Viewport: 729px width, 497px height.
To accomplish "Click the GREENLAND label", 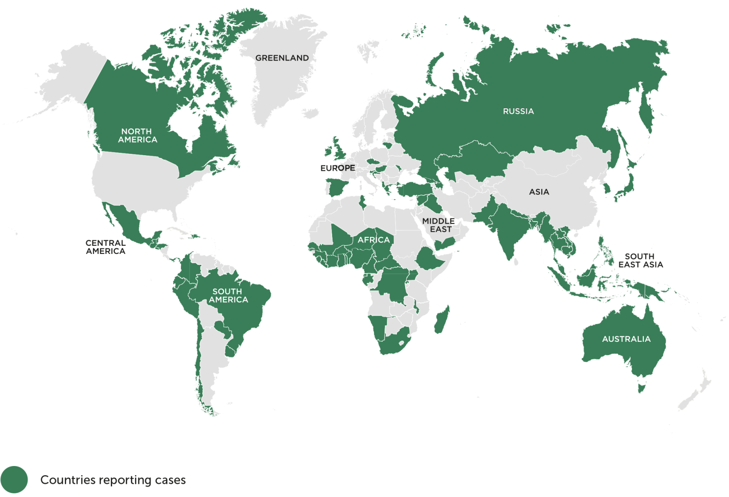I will click(x=282, y=58).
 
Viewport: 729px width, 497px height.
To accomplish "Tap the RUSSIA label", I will click(x=518, y=111).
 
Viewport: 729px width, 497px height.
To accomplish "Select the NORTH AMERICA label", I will click(x=137, y=136).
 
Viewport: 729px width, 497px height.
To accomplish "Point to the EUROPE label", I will click(x=337, y=168).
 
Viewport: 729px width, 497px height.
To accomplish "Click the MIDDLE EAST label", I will click(x=438, y=225).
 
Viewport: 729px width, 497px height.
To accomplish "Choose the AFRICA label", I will click(x=374, y=240).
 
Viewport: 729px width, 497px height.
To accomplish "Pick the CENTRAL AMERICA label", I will click(x=105, y=247).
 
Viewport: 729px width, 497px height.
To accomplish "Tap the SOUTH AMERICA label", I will click(x=228, y=295).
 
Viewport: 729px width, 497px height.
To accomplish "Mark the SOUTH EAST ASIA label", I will click(x=640, y=260).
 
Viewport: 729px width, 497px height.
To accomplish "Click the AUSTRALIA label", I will click(x=626, y=339).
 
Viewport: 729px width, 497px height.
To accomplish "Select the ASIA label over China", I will click(x=539, y=192).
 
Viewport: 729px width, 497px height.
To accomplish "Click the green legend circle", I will click(x=14, y=480).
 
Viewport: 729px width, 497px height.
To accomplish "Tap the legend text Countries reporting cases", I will click(x=113, y=480).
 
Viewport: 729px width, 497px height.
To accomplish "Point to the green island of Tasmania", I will click(x=642, y=388).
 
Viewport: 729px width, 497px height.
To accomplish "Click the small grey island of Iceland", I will click(x=310, y=113).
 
